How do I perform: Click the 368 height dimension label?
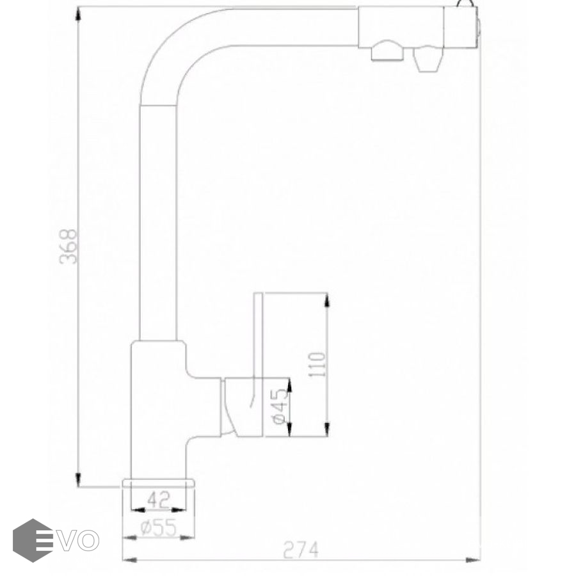point(68,246)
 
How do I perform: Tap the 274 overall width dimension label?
point(301,550)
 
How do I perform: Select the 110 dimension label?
point(317,364)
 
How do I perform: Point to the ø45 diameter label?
point(281,406)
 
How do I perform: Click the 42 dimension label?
point(158,500)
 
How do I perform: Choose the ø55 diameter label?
point(158,528)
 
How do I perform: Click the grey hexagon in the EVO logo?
point(33,540)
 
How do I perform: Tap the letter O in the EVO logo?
point(88,540)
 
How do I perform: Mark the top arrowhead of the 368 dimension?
point(78,15)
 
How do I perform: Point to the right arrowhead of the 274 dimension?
point(473,560)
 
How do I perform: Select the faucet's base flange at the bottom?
point(159,483)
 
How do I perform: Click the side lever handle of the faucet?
point(243,407)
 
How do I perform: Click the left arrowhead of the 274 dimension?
point(130,560)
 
